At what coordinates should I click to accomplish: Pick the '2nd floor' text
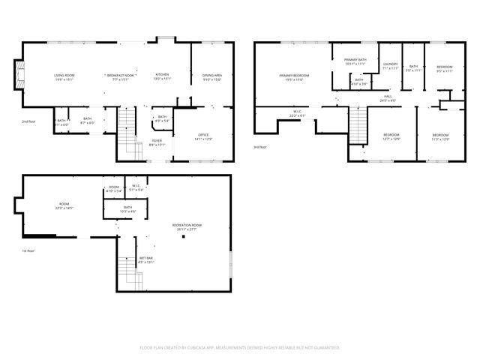tap(28, 121)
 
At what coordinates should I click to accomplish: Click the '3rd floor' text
tap(259, 147)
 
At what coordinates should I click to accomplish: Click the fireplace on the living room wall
tap(19, 75)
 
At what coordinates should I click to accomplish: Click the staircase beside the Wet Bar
tap(127, 271)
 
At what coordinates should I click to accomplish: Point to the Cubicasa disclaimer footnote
tap(240, 348)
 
